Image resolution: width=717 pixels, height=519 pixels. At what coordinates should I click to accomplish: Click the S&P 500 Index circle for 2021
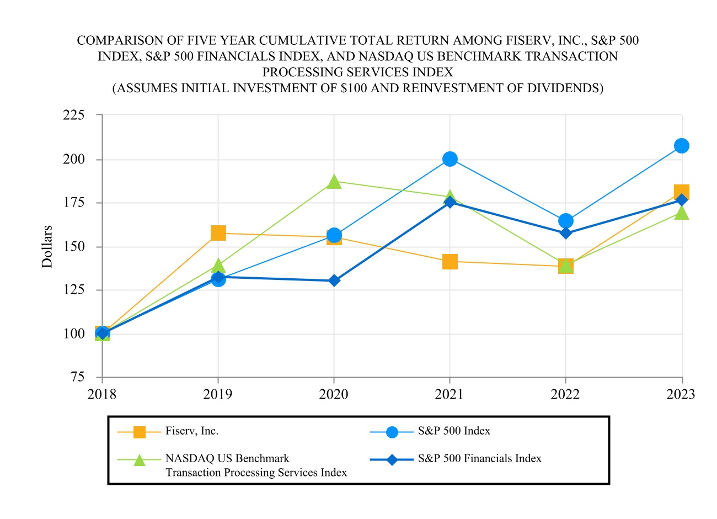pos(450,159)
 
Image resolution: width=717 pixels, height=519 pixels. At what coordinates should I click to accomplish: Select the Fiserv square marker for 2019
pos(218,233)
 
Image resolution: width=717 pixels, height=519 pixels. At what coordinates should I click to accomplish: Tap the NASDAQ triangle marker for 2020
pos(334,182)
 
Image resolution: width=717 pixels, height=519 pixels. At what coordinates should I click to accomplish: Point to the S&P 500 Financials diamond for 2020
pos(334,280)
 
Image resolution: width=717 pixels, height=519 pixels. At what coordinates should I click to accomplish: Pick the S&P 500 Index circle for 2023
pos(682,146)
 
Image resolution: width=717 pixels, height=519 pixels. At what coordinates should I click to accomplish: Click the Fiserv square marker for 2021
pos(450,261)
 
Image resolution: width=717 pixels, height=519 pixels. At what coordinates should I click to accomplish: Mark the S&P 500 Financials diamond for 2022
pos(566,233)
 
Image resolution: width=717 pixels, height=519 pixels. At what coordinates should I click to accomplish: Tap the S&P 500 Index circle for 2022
pos(566,221)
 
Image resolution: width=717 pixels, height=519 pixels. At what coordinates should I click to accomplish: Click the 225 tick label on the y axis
pos(74,115)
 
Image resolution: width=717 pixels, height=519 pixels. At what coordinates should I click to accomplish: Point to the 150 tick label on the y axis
pos(74,246)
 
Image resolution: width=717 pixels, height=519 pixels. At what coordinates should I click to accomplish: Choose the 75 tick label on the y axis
pos(78,377)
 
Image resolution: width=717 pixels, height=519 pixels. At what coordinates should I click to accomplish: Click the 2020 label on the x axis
pos(334,394)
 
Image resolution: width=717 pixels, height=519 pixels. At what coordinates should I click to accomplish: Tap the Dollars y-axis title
pos(47,246)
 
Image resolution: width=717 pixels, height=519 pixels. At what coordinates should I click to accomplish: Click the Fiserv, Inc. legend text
pos(192,431)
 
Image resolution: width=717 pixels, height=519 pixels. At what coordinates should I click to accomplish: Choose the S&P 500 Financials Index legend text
pos(480,459)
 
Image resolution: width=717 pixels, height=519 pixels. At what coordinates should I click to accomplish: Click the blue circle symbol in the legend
pos(392,432)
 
